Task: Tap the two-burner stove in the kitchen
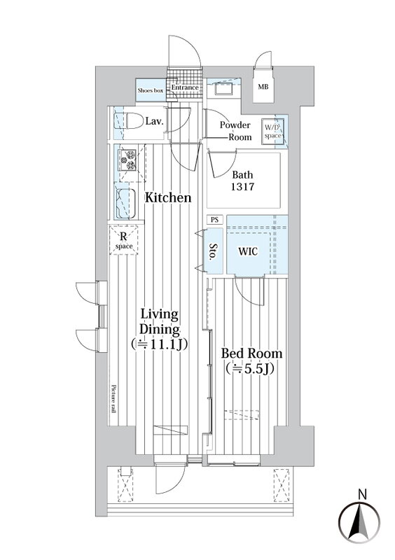pos(128,160)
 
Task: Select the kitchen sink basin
pos(126,203)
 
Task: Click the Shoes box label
pos(151,91)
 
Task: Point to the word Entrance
pos(184,87)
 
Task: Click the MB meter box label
pos(263,87)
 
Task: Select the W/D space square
pos(272,132)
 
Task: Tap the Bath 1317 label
pos(242,181)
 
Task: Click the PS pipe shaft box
pos(214,220)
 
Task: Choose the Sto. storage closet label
pos(214,252)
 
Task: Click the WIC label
pos(248,251)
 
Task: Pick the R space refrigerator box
pos(124,240)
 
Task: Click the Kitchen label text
pos(168,198)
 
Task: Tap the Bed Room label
pos(251,353)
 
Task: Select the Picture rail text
pos(113,399)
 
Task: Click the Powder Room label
pos(235,131)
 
